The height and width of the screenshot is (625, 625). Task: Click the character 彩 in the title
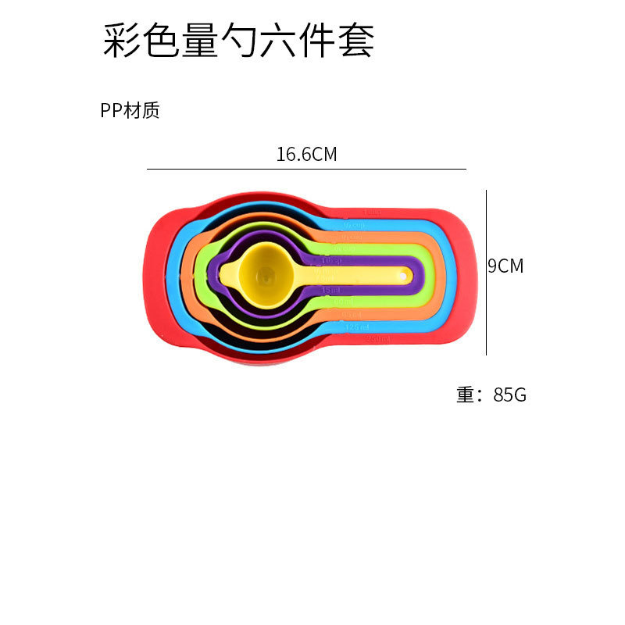(122, 41)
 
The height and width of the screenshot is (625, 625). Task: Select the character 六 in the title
(278, 41)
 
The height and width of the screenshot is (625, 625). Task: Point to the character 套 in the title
(355, 41)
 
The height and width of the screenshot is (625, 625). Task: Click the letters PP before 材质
(111, 111)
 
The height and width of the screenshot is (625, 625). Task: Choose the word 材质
(147, 111)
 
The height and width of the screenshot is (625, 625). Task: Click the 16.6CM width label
(306, 154)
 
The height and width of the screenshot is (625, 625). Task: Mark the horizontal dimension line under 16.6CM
(306, 169)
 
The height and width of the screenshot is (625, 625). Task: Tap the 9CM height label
(506, 266)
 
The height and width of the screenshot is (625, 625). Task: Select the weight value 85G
(510, 395)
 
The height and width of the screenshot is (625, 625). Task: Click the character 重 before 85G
(466, 395)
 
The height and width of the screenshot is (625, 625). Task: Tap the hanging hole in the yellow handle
(405, 274)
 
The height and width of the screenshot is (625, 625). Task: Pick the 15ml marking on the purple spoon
(330, 290)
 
